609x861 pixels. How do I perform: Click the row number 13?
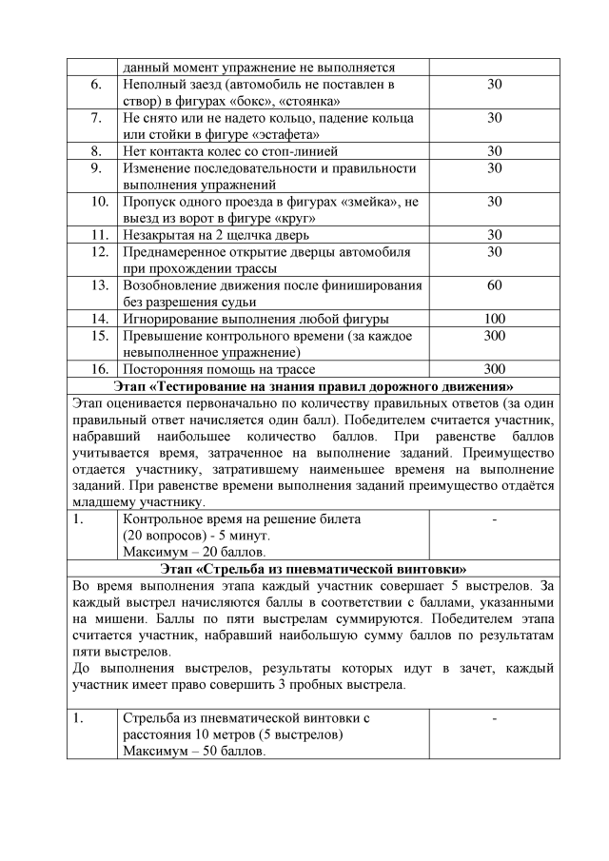[x=96, y=285]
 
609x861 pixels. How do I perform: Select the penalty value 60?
[x=494, y=285]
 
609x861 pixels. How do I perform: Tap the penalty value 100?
[x=494, y=319]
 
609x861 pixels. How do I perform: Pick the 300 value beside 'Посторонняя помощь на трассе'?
[x=494, y=369]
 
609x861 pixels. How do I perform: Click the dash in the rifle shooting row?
[x=494, y=718]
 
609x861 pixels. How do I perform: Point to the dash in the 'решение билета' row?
[x=494, y=519]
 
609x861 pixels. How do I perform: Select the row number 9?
[x=96, y=167]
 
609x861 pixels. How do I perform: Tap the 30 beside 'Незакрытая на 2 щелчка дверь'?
[x=494, y=235]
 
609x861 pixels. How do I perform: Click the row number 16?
[x=96, y=369]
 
